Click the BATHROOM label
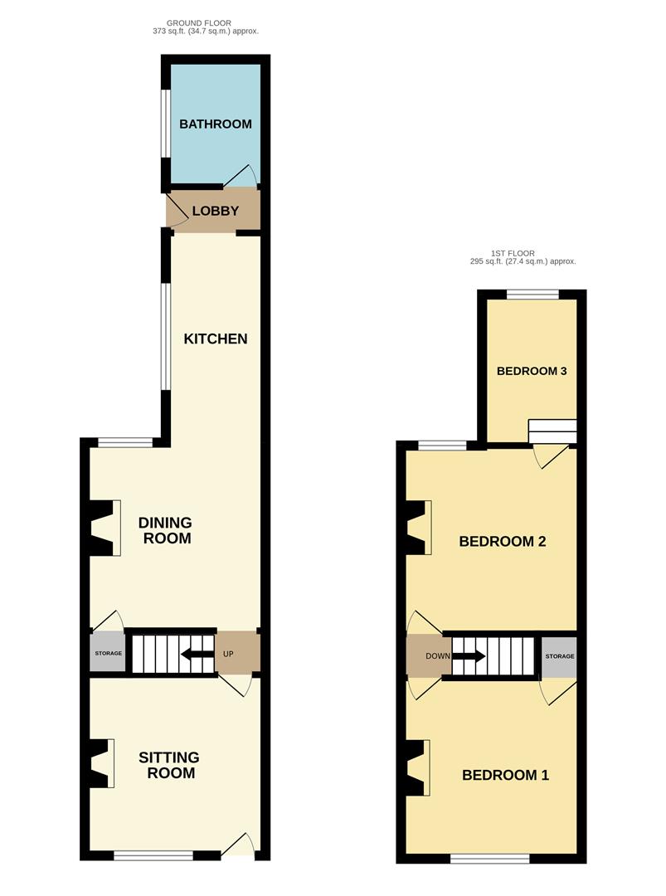click(216, 124)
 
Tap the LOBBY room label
click(216, 211)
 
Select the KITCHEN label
click(216, 338)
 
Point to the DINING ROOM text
click(166, 530)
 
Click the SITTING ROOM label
click(169, 765)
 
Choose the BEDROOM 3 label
click(532, 371)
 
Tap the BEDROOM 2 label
click(503, 541)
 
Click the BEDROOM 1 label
click(505, 775)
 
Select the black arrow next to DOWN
click(469, 655)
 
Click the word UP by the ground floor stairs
click(228, 654)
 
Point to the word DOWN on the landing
click(438, 656)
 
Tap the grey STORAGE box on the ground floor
click(108, 653)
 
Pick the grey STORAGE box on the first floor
click(559, 656)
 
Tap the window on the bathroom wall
click(164, 123)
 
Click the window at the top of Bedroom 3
click(532, 295)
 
